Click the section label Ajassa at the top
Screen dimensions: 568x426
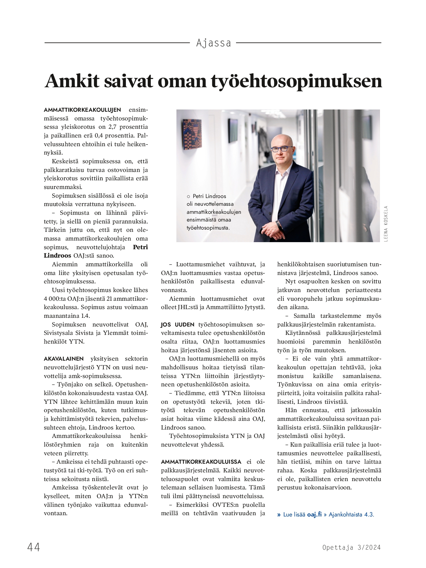click(x=213, y=43)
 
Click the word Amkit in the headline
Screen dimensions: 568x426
click(x=71, y=81)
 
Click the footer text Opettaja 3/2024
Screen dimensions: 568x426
click(x=351, y=547)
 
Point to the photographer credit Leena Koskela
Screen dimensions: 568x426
click(x=386, y=223)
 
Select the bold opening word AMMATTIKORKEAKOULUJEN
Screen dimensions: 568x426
click(x=82, y=110)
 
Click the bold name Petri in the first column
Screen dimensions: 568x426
click(x=140, y=247)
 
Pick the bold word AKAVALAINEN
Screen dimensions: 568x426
click(x=64, y=359)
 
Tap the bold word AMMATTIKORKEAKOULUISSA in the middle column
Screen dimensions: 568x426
click(x=201, y=462)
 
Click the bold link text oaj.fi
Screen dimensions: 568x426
click(x=314, y=514)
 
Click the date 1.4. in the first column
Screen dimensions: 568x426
click(x=84, y=316)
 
